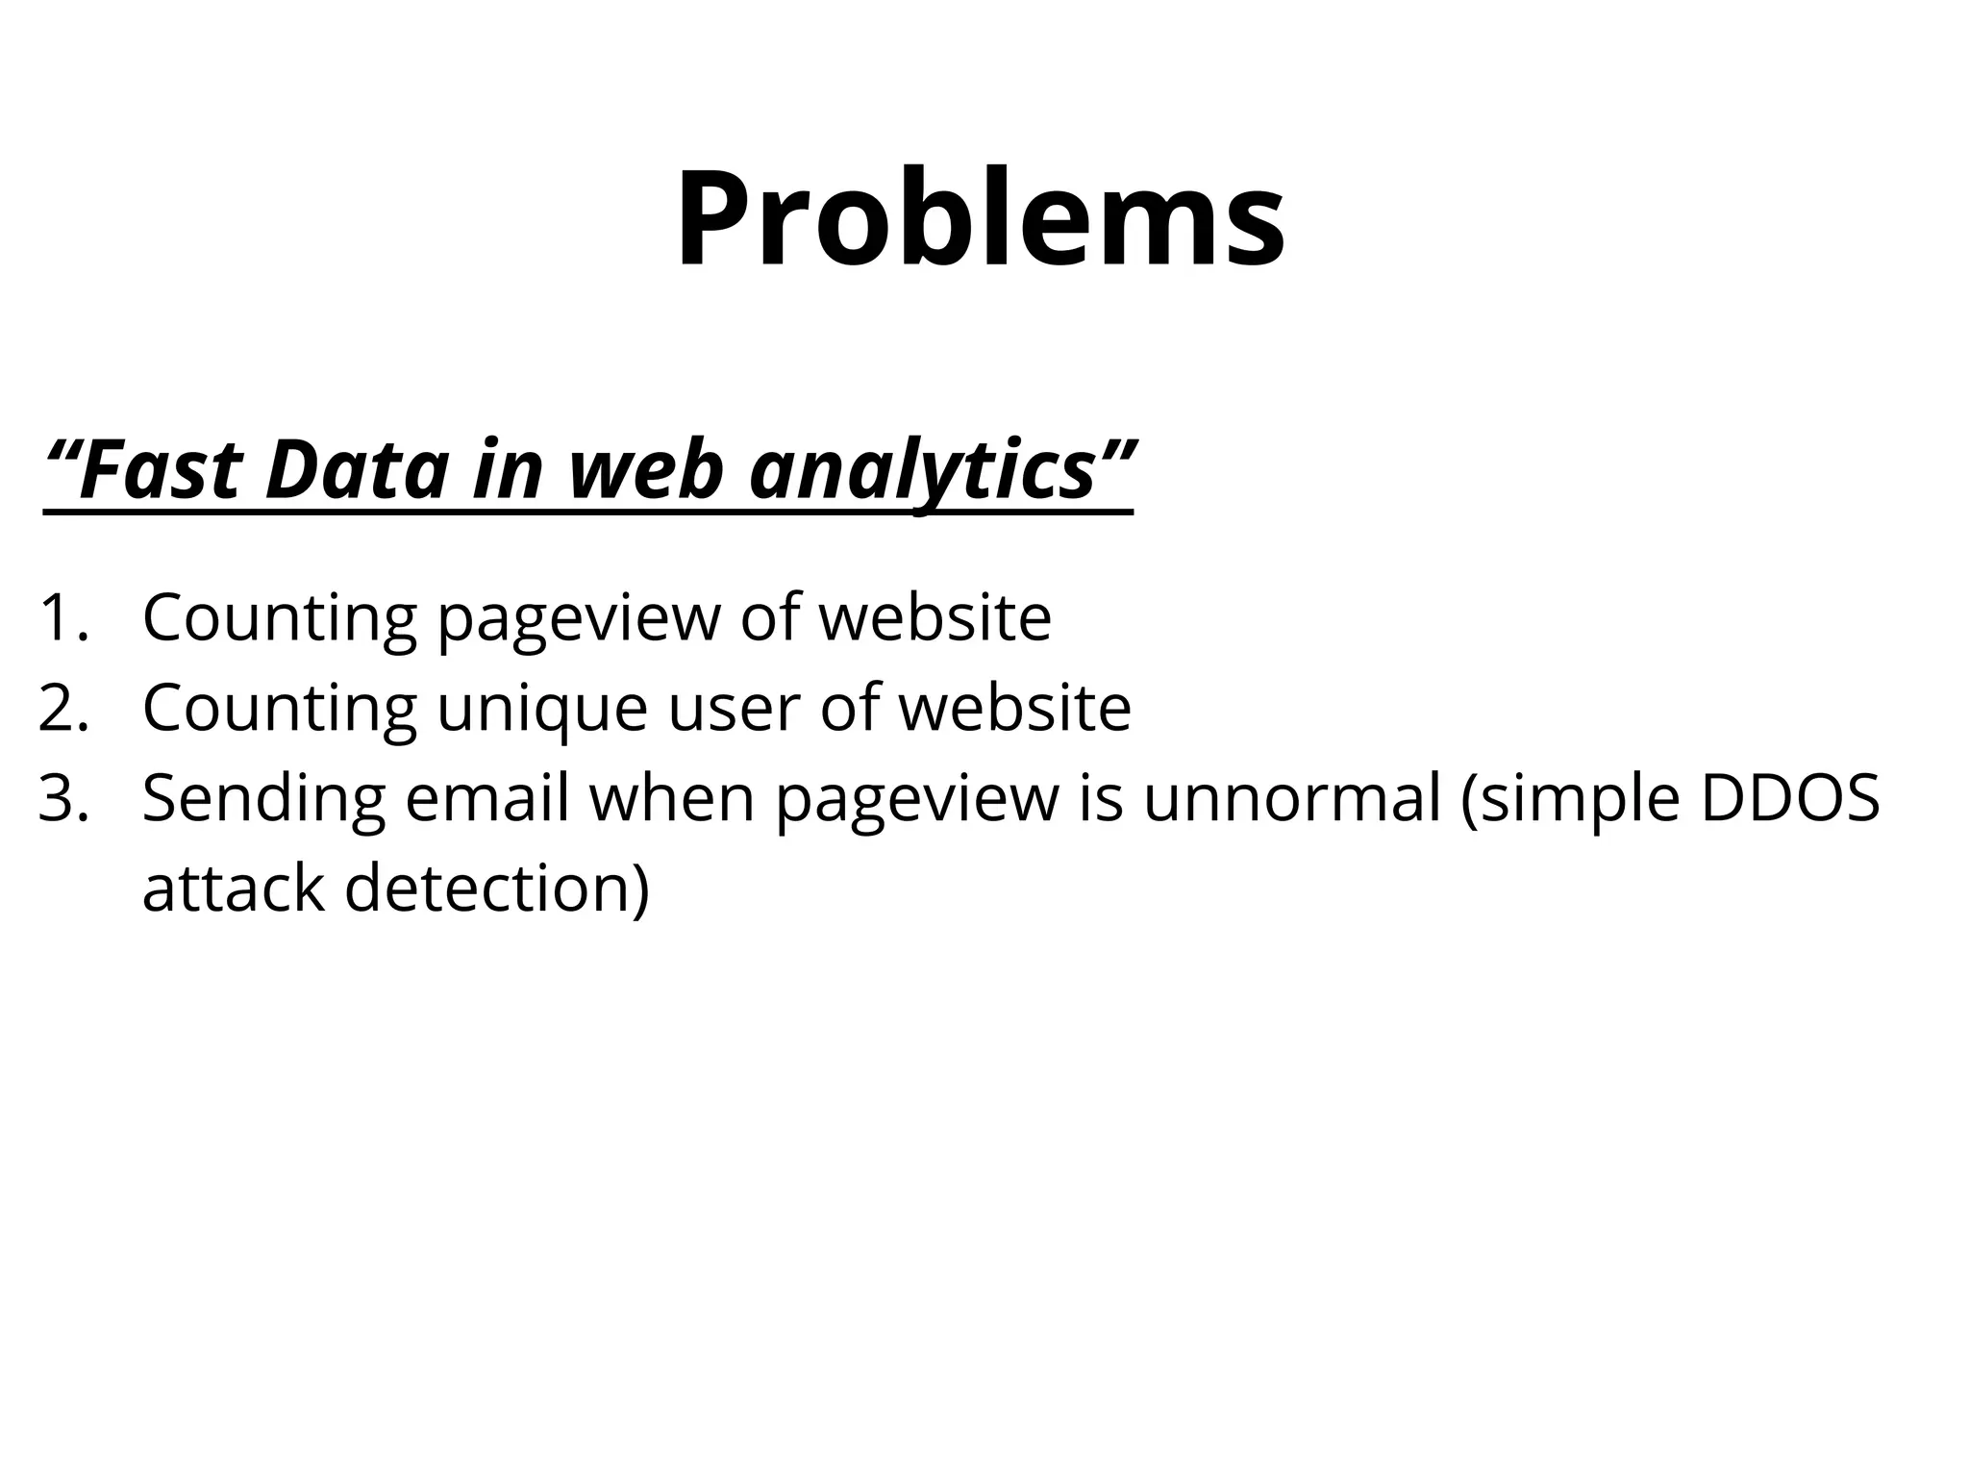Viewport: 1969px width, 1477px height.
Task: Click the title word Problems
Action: (x=980, y=218)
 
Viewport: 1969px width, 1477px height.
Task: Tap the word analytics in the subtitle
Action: (x=923, y=470)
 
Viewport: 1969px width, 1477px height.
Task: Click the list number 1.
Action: (x=63, y=617)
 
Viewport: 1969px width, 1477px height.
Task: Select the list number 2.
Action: (x=63, y=708)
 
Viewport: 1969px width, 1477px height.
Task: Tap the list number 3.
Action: (x=63, y=798)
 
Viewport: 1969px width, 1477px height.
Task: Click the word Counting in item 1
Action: (x=280, y=617)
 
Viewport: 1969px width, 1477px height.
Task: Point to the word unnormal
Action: (x=1292, y=798)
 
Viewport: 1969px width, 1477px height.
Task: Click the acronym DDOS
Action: (x=1789, y=798)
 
